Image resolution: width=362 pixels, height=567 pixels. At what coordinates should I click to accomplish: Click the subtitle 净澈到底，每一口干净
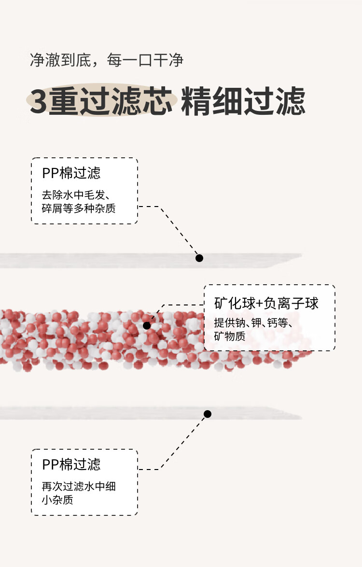click(106, 60)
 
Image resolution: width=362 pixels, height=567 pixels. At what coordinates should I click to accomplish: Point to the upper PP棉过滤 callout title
click(71, 173)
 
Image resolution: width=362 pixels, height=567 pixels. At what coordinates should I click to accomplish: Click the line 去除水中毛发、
click(76, 195)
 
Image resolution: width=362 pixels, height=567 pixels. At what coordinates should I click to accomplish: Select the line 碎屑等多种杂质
click(79, 208)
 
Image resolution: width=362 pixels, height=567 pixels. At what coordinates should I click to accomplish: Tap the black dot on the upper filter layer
click(199, 258)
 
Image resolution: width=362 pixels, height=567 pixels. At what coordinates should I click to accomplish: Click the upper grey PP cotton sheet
click(97, 260)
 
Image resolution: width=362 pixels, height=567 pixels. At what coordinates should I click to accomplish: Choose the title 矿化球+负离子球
click(266, 304)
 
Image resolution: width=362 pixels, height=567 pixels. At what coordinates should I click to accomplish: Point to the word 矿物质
click(230, 336)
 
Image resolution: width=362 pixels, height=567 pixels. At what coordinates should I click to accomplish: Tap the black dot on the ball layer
click(147, 326)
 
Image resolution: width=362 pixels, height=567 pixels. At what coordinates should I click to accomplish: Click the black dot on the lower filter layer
click(208, 414)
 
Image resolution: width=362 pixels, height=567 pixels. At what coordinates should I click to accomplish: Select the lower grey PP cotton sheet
click(97, 413)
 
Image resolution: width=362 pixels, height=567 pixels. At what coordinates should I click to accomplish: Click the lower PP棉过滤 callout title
click(71, 465)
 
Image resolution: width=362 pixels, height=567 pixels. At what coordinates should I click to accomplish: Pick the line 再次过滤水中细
click(79, 486)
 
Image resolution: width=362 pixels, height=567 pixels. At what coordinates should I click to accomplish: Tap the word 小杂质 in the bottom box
click(57, 499)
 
